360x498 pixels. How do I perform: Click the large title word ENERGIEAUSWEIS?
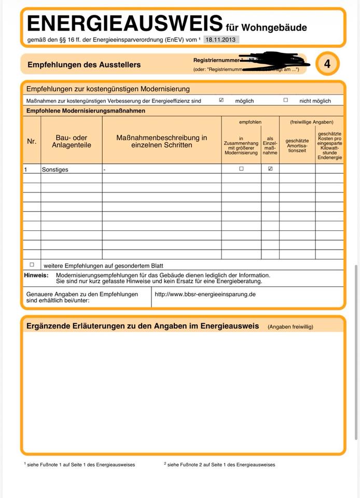(x=124, y=24)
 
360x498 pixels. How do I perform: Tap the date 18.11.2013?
(x=221, y=39)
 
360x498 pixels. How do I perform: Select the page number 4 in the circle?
(x=327, y=64)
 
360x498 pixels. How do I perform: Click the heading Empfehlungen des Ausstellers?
(x=84, y=65)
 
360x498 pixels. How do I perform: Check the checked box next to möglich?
(x=221, y=100)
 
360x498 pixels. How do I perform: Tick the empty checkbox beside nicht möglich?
(x=286, y=100)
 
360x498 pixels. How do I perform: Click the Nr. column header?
(x=32, y=141)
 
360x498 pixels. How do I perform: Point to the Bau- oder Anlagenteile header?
(x=71, y=141)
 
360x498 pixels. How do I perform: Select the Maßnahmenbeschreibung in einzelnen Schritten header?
(x=161, y=141)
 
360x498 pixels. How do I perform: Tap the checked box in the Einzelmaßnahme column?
(x=270, y=169)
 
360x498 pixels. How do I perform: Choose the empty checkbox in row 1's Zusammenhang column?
(x=241, y=169)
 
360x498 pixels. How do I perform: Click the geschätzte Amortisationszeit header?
(x=297, y=145)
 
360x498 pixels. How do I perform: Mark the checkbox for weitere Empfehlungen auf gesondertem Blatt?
(x=32, y=265)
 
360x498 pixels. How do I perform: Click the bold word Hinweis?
(x=36, y=275)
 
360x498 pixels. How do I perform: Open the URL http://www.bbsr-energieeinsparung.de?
(x=205, y=294)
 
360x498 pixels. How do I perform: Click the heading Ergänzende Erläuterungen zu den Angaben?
(x=143, y=326)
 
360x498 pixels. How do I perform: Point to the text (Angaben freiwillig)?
(x=290, y=327)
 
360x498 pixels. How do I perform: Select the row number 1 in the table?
(x=26, y=170)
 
